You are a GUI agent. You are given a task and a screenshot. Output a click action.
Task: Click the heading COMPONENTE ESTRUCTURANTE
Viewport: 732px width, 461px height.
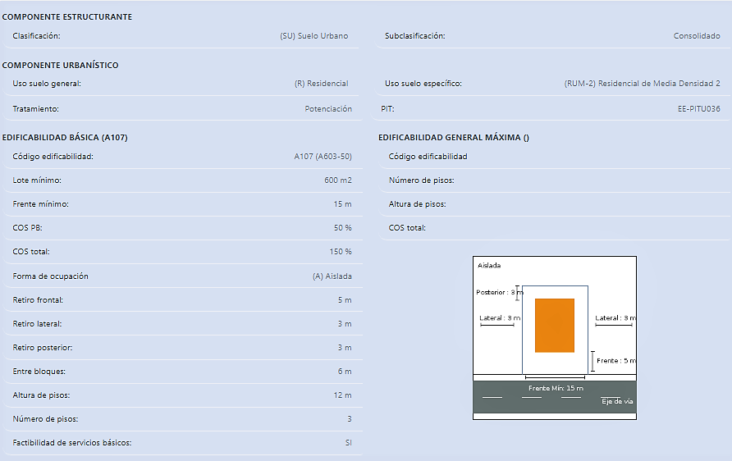click(67, 16)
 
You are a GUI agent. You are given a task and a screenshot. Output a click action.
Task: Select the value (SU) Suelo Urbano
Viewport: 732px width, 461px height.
click(314, 36)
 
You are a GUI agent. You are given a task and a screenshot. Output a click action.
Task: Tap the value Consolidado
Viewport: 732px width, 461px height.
click(697, 36)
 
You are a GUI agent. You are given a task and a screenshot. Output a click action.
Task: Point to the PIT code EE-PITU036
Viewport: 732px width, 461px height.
click(699, 109)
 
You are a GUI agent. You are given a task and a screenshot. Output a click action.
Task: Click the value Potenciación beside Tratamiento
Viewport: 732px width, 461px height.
click(328, 109)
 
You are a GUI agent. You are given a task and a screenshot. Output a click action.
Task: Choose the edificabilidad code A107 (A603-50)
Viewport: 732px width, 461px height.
click(323, 157)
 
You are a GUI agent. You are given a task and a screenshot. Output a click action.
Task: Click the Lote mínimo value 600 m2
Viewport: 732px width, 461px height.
click(338, 180)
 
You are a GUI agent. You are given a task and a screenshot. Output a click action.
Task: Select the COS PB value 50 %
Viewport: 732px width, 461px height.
click(343, 228)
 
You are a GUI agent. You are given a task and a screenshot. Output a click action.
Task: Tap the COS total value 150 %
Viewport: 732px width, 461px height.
click(341, 252)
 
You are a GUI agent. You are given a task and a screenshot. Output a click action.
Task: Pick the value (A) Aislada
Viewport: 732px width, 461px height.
click(332, 276)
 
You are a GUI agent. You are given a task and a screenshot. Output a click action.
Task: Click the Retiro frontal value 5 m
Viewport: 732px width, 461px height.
click(345, 300)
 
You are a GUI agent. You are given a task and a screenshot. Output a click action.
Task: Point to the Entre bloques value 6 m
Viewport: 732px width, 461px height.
click(345, 372)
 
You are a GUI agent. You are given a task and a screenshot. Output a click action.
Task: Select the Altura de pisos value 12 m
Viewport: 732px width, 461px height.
click(343, 395)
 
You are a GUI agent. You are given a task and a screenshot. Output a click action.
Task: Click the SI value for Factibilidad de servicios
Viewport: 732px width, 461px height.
click(348, 443)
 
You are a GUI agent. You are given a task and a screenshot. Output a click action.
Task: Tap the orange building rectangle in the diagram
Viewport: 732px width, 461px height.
click(555, 326)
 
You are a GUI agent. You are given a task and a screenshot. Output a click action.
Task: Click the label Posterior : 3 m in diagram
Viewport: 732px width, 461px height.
click(500, 292)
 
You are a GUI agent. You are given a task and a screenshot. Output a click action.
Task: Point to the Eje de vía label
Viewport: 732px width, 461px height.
click(617, 401)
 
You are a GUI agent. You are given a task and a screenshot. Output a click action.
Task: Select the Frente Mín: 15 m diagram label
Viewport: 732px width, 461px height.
click(556, 388)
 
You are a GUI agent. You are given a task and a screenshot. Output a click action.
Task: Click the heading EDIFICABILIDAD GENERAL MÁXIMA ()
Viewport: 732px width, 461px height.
click(454, 138)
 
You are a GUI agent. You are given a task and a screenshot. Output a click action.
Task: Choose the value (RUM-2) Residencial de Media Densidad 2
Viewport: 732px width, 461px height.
click(642, 84)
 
